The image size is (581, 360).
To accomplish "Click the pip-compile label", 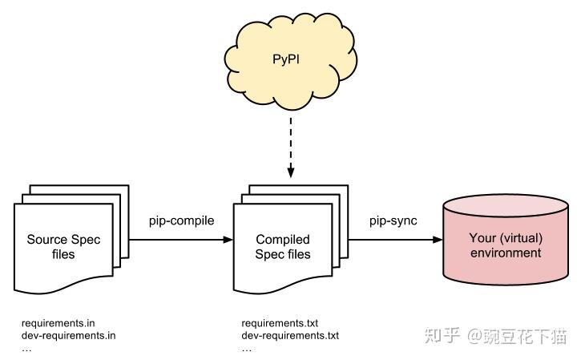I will (x=182, y=220).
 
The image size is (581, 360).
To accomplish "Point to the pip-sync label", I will (x=393, y=220).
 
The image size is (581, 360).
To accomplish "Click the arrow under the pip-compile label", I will (x=180, y=239).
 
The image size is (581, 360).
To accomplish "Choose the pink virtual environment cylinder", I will (x=506, y=240).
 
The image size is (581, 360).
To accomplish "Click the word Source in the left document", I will (x=45, y=239).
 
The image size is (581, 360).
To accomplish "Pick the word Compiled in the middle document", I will (x=282, y=239).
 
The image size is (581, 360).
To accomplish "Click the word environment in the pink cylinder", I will (x=506, y=253).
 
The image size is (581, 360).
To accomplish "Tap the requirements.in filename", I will (x=58, y=323).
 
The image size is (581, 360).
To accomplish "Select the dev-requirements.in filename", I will (x=68, y=335).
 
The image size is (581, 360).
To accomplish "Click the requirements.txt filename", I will (x=280, y=323).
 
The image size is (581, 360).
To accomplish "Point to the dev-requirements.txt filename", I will (x=290, y=335).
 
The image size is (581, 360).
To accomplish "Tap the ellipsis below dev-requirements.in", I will (x=27, y=348).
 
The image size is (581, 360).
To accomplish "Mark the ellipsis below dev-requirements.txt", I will (x=247, y=348).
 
